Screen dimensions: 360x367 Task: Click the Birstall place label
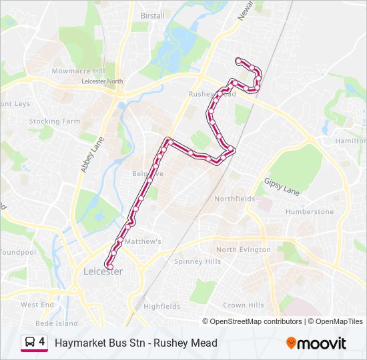point(152,15)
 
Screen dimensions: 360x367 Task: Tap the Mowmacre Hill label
point(79,71)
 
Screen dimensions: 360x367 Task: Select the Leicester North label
point(102,81)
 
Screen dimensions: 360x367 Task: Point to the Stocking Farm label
point(54,121)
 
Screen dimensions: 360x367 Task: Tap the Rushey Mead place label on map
point(212,95)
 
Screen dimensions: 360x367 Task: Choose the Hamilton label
point(351,141)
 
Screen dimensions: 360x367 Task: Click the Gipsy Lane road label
point(282,186)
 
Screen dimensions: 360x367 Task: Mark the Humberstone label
point(309,211)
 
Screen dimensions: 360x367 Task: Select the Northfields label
point(234,199)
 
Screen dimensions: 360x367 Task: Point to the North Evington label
point(244,249)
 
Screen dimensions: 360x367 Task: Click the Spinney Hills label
point(197,261)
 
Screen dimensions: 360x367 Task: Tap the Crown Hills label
point(244,305)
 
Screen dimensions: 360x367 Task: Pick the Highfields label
point(161,307)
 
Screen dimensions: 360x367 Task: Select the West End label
point(37,305)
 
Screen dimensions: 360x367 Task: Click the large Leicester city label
point(103,272)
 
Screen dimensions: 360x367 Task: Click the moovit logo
point(316,343)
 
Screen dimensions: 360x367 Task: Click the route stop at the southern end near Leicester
point(109,267)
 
